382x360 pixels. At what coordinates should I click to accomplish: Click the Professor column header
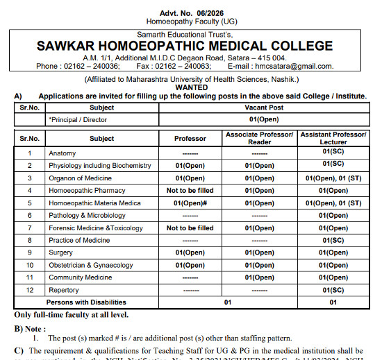tap(190, 139)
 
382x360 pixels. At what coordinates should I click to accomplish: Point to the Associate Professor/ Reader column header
tap(260, 138)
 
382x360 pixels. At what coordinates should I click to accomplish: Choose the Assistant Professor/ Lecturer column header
tap(333, 138)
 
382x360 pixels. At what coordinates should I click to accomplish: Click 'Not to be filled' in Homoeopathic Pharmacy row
tap(190, 190)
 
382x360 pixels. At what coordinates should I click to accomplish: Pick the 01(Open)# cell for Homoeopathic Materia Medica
tap(190, 203)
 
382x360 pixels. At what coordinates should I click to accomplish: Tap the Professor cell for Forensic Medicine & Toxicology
tap(190, 228)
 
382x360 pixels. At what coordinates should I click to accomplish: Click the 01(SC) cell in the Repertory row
tap(333, 290)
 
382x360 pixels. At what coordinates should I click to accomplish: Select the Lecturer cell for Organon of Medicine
tap(333, 178)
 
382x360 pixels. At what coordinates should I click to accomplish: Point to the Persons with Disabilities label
tap(86, 302)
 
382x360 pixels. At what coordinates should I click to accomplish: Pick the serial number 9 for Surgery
tap(30, 252)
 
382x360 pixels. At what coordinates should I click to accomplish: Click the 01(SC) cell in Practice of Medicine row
tap(333, 240)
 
